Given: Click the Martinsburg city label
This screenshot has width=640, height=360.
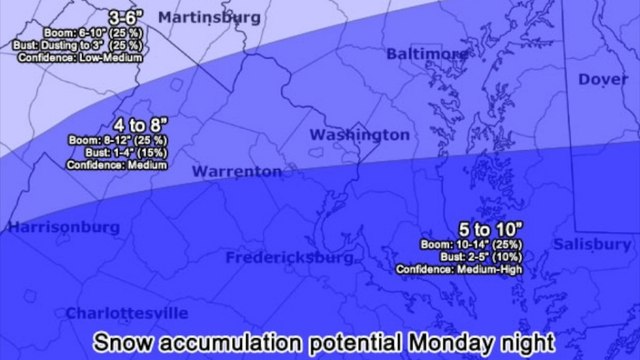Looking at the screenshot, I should tap(209, 17).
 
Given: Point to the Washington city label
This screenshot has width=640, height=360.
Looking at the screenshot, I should tap(359, 134).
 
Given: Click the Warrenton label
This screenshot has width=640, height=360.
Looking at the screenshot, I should tap(237, 171).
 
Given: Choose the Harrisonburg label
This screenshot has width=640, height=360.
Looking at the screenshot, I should tap(57, 227).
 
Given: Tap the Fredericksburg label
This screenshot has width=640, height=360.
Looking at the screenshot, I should tap(290, 257).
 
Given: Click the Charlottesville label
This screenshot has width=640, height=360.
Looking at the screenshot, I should tap(127, 313).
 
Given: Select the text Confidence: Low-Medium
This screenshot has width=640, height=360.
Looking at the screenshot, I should tap(79, 58).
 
